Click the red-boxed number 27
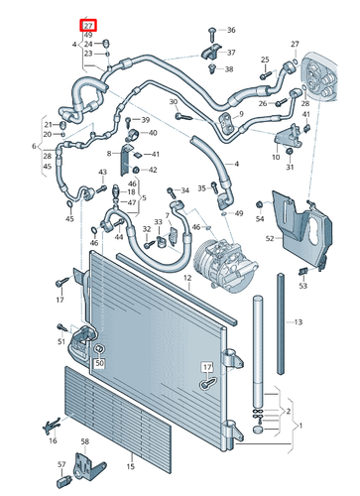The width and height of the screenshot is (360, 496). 89,24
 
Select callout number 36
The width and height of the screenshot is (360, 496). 231,31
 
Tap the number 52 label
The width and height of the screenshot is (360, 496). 270,238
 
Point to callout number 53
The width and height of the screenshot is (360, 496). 302,286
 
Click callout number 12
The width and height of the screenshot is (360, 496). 186,279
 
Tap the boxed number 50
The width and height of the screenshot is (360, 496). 99,364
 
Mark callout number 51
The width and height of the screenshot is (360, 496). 60,341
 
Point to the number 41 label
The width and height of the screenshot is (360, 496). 155,154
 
